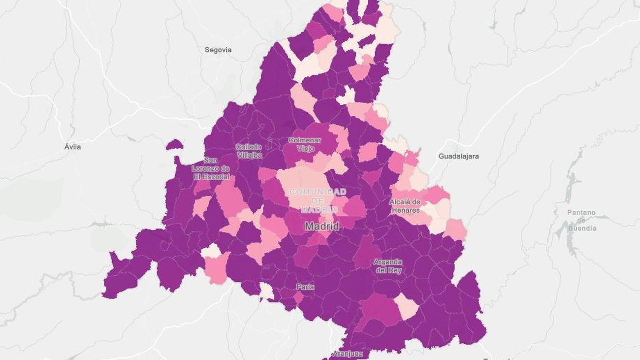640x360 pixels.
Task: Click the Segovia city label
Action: tap(218, 50)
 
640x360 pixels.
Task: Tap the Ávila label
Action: tap(72, 147)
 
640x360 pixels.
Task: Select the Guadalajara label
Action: tap(458, 156)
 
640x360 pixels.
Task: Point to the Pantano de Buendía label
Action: tap(581, 221)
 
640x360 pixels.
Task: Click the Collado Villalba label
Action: tap(249, 151)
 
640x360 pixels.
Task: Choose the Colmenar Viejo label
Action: tap(304, 144)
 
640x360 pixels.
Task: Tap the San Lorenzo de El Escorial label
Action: tap(211, 168)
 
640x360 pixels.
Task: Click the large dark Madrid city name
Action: tap(321, 227)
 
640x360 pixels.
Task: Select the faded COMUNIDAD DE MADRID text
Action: tap(318, 200)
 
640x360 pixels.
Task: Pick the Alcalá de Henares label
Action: tap(405, 206)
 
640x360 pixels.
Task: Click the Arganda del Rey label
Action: tap(387, 266)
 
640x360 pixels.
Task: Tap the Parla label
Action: tap(305, 287)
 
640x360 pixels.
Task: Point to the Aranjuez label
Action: tap(348, 354)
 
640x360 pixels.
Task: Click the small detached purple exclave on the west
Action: tap(174, 145)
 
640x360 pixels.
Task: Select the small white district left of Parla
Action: tap(266, 291)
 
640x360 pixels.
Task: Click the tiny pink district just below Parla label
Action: tap(298, 297)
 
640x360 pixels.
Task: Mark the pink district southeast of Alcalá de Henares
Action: tap(456, 229)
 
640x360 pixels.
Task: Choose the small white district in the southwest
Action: tap(211, 251)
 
